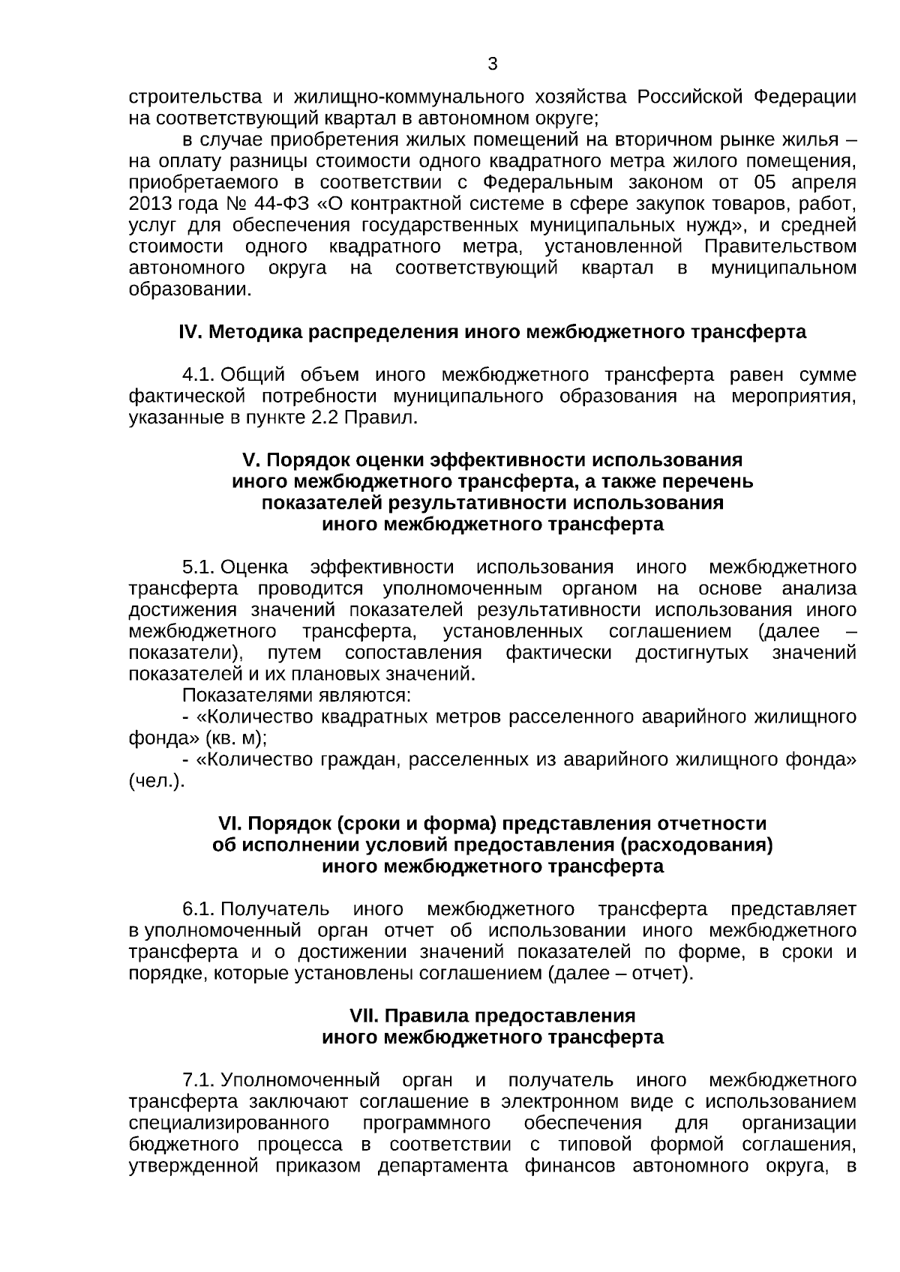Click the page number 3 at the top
click(493, 64)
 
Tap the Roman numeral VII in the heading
click(365, 1016)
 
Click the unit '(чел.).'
click(156, 781)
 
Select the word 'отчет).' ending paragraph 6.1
click(664, 974)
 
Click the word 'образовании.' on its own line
click(190, 289)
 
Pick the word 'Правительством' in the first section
click(780, 247)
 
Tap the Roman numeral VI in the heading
click(227, 824)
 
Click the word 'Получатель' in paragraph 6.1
click(274, 910)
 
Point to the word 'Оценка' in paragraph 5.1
click(254, 567)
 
